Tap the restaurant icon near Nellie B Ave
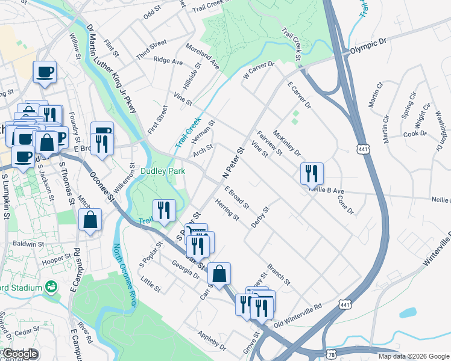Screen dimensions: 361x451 [x=312, y=173]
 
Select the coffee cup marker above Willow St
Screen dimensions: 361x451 [x=45, y=72]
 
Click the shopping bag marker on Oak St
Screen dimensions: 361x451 [x=221, y=273]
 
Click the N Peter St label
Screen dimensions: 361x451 [x=232, y=162]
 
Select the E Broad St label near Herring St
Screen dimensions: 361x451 [x=236, y=197]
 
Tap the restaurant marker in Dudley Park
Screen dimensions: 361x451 [x=163, y=210]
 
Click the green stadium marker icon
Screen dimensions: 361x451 [x=52, y=288]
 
